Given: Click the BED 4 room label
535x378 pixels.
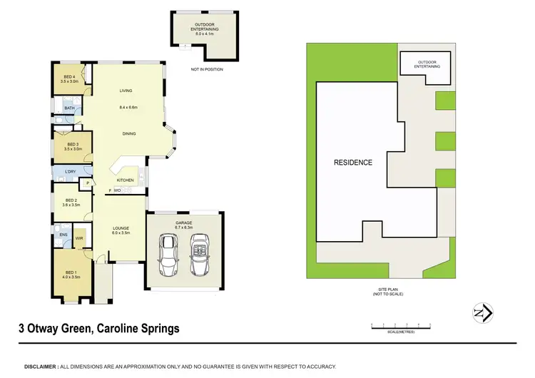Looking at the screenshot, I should [x=69, y=78].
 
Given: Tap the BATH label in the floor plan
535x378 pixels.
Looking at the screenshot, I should [x=68, y=108].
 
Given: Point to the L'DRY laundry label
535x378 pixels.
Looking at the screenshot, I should [x=71, y=173].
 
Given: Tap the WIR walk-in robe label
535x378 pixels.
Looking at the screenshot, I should [x=79, y=237].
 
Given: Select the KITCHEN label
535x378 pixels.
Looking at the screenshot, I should [x=125, y=180].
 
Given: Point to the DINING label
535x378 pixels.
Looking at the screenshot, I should [x=129, y=133].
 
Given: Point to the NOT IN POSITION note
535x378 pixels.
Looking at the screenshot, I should [x=203, y=69].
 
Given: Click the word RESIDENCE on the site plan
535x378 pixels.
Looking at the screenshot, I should [x=353, y=163].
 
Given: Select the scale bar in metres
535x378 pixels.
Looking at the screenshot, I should [x=402, y=325].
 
